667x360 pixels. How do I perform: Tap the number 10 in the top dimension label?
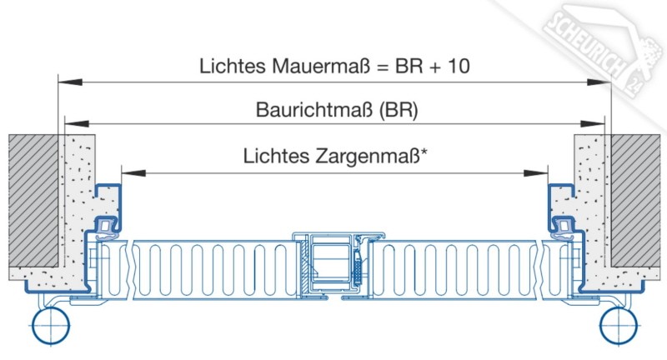458,66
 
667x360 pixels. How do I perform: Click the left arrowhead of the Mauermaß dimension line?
70,82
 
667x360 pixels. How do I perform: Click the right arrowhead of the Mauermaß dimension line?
599,82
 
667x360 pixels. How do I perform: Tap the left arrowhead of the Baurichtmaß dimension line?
77,123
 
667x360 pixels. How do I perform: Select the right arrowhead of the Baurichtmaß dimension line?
593,123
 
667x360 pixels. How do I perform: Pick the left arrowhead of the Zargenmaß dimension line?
133,173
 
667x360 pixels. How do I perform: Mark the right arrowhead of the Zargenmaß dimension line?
535,173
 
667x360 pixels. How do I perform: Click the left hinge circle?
51,326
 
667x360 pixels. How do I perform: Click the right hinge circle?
619,326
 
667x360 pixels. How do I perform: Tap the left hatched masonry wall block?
33,201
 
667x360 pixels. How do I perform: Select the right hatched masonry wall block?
636,201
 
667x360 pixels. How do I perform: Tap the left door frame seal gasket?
107,228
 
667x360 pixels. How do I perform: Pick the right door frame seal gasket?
563,228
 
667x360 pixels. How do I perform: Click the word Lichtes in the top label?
233,66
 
